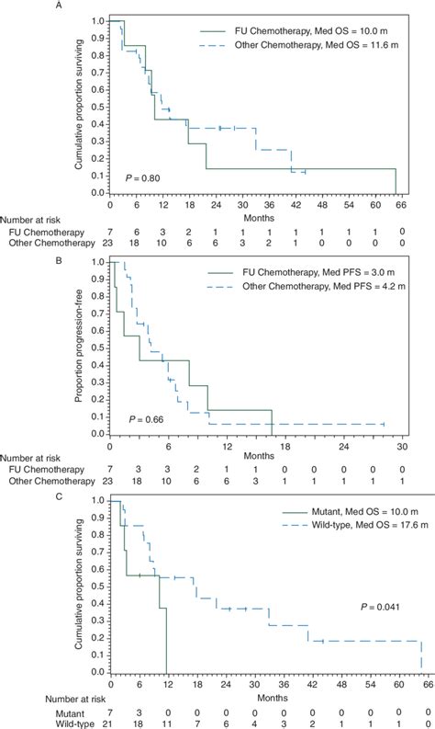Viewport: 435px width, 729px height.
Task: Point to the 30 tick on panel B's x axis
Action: pyautogui.click(x=400, y=447)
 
